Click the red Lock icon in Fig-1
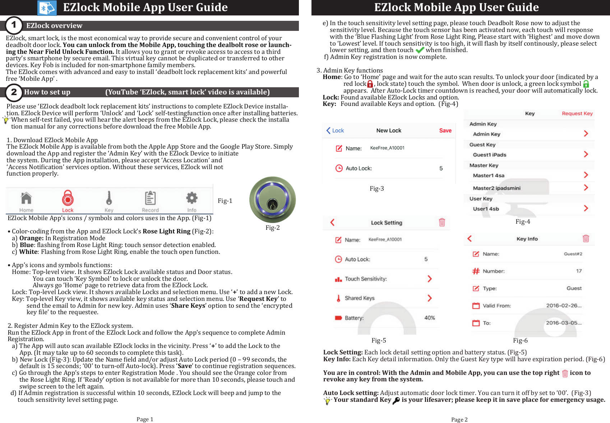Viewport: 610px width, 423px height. (68, 198)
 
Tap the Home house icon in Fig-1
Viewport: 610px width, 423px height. (26, 198)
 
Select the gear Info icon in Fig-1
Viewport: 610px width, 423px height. (191, 198)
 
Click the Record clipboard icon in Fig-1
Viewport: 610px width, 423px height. (150, 198)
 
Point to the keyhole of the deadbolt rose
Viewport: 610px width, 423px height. (272, 205)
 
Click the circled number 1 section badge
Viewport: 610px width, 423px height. (14, 25)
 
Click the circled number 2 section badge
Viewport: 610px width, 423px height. (14, 92)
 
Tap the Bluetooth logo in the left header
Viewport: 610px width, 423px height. (47, 8)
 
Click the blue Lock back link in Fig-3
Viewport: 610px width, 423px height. (335, 130)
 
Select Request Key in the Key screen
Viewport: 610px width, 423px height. (577, 113)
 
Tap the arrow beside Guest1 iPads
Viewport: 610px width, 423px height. (586, 154)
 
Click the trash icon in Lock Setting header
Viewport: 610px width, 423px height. (442, 222)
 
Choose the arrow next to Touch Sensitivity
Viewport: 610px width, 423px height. (429, 279)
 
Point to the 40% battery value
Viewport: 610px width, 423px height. (430, 318)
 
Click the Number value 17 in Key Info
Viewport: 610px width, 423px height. (579, 271)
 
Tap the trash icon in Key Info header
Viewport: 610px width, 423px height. (586, 239)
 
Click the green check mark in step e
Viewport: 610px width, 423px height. (420, 50)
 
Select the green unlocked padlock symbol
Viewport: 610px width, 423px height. (586, 84)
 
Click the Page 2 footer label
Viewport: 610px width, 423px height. (459, 419)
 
